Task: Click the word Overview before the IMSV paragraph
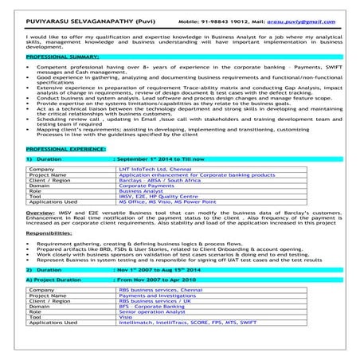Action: click(x=41, y=215)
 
